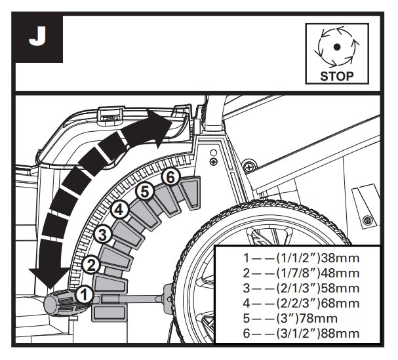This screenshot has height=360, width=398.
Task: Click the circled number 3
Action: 102,234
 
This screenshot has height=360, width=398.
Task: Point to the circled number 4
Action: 119,210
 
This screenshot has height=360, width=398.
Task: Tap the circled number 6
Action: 170,177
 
